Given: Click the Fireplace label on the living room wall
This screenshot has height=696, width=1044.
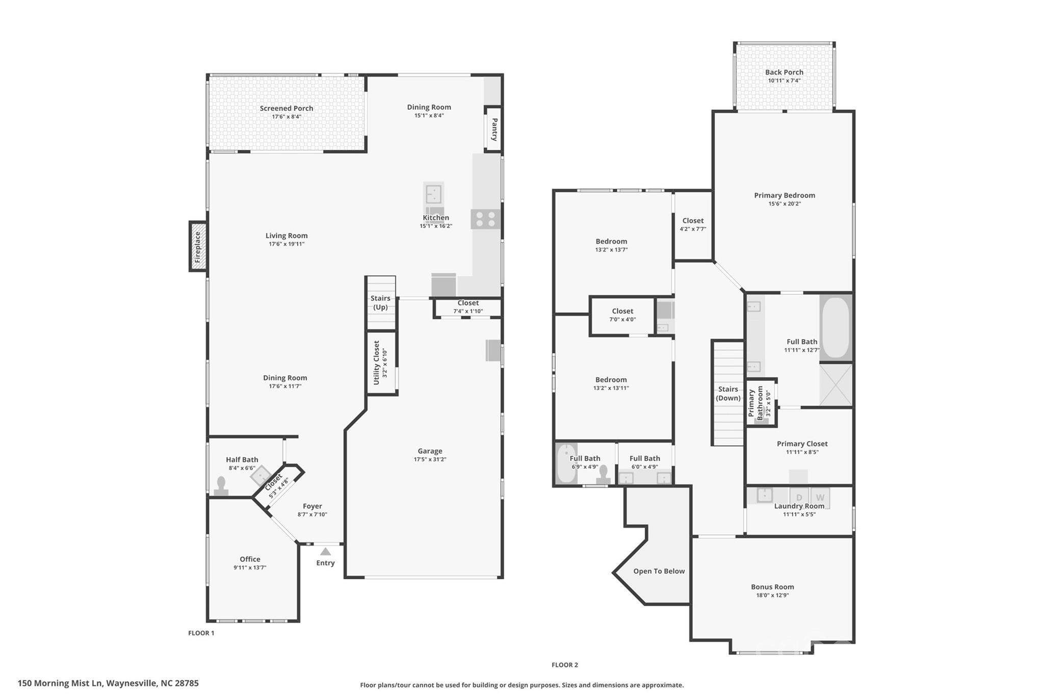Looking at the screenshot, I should tap(198, 247).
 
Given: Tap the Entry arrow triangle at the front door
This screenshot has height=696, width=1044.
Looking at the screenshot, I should tap(325, 551).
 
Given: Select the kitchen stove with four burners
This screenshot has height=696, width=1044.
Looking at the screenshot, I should tap(485, 219).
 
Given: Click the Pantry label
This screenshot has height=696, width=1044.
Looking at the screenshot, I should tap(494, 129).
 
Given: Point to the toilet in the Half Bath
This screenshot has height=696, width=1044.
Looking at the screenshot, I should tap(221, 486).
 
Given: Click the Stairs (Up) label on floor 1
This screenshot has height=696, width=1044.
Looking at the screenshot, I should tap(380, 302).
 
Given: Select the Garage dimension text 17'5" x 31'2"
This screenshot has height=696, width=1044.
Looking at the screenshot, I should tap(430, 459).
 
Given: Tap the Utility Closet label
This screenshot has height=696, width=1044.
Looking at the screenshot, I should tap(377, 363).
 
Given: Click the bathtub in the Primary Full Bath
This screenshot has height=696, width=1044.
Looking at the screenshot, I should tap(836, 327).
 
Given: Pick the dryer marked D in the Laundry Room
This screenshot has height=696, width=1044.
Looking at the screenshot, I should tap(799, 497).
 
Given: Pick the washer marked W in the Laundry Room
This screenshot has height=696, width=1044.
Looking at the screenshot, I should tap(820, 497).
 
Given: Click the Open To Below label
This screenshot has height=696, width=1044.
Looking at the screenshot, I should tap(659, 571).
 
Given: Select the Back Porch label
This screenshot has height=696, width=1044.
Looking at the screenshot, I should tap(784, 72).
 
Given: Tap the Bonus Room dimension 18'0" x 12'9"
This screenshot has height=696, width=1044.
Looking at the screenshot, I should tap(772, 595).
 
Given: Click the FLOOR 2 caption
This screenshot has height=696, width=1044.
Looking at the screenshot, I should tap(564, 665).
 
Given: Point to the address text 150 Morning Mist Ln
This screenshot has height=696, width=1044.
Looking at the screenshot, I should tap(108, 683).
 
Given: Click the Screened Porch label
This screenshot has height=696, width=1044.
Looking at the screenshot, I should tap(286, 108).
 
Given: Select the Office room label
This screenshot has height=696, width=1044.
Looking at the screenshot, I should tap(250, 559).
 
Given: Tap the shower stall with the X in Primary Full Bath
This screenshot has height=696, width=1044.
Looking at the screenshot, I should tap(836, 385).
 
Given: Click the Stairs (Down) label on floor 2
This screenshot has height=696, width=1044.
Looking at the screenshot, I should tap(727, 393).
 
